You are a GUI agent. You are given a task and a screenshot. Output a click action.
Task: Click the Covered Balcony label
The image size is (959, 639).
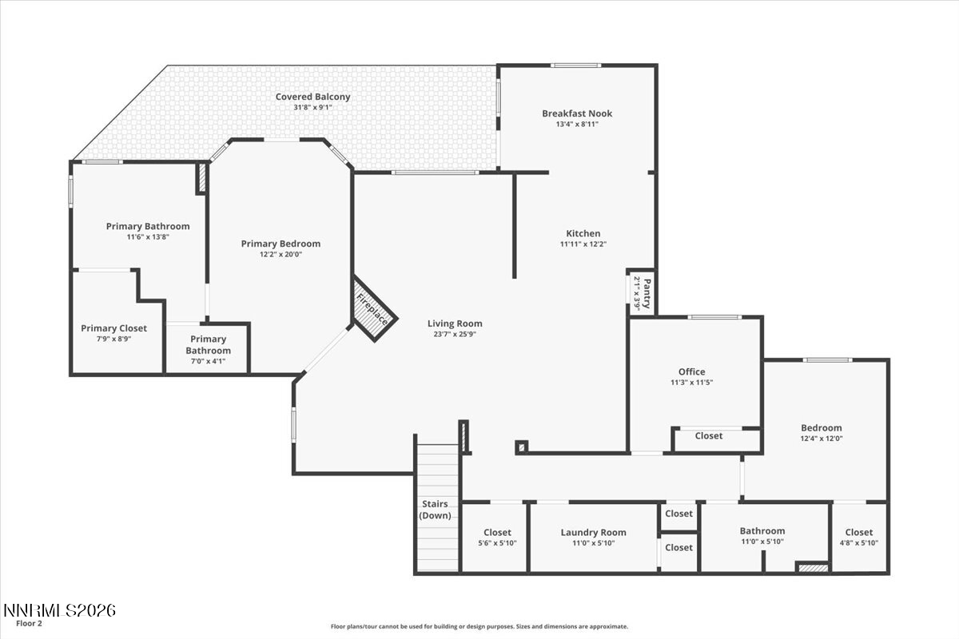coord(312,97)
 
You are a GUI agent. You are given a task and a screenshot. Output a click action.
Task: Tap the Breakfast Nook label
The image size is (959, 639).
coord(577,113)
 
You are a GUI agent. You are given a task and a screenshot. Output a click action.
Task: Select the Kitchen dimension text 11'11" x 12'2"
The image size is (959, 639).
coord(583,244)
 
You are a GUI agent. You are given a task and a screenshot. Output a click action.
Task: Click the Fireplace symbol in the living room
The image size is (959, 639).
coord(375,309)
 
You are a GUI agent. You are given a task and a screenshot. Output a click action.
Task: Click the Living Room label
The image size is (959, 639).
coord(455,323)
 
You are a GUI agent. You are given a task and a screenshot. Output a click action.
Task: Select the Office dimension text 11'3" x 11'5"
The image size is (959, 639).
coord(691,383)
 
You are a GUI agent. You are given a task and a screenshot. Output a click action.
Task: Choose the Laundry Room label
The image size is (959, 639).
coord(593,532)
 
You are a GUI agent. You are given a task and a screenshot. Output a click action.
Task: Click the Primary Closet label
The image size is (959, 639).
coord(113,328)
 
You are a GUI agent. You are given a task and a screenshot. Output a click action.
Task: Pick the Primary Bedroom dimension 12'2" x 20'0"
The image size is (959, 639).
coord(281,255)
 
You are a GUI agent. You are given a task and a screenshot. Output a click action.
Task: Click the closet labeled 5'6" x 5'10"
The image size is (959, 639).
coord(497,538)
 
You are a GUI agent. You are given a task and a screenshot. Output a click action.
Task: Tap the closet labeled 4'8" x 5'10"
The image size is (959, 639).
coord(859,538)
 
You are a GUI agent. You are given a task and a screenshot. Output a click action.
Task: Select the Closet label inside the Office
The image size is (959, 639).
coord(708,436)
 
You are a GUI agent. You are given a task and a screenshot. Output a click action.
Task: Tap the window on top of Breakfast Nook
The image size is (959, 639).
coord(575,65)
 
